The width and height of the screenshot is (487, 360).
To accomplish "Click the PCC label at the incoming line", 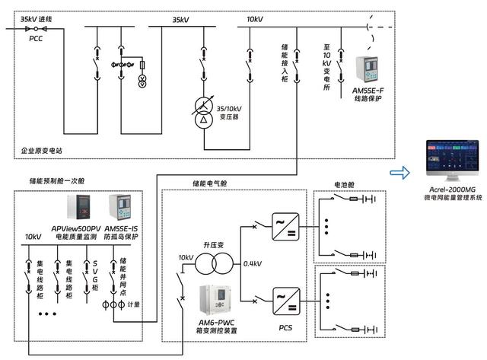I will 36,37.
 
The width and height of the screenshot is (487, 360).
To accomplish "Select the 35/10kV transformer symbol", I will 203,112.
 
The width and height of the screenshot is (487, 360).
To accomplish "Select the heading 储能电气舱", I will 212,185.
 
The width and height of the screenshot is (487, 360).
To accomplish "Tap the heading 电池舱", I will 345,185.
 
